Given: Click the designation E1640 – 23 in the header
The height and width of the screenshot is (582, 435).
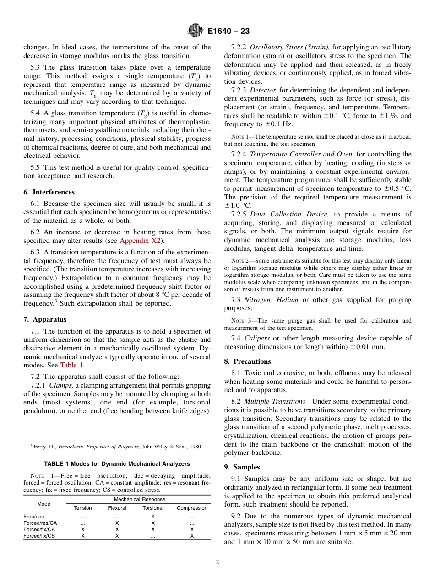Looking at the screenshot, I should point(228,32).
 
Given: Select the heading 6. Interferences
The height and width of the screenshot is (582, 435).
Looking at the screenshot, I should point(49,192).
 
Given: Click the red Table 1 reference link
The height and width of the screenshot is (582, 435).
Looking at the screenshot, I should point(71,365).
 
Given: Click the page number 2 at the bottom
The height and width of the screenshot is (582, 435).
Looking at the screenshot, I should point(217,562).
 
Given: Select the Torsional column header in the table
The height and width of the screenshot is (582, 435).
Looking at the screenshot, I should point(153,508).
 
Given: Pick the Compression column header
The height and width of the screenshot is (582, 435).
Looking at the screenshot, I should point(192,508).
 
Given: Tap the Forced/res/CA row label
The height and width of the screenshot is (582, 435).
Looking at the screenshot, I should point(40,523).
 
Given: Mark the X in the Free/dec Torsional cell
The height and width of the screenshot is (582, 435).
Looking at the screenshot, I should point(153,517).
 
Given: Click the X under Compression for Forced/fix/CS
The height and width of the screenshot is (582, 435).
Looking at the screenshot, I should point(192,536).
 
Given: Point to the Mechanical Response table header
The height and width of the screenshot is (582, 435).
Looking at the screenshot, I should point(139,499).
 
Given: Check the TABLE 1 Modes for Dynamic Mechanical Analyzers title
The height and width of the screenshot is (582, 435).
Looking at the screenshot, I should point(117,464).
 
